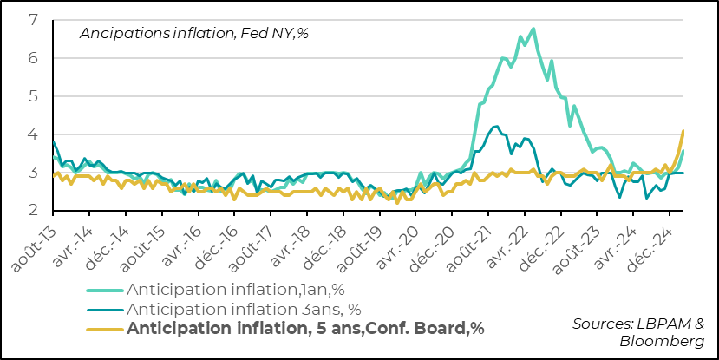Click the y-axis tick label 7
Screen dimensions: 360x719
coord(32,20)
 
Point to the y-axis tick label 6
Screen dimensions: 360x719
coord(32,58)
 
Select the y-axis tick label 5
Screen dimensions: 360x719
coord(32,96)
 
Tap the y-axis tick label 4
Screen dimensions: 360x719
coord(32,134)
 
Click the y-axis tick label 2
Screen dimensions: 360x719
coord(32,211)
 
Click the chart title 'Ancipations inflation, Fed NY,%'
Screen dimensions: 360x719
coord(194,33)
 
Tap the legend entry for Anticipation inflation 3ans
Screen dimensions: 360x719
coord(243,308)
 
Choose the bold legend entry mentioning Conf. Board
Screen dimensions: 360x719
coord(305,328)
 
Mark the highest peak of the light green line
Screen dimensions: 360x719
coord(533,29)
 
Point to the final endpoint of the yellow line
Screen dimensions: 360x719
coord(683,131)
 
